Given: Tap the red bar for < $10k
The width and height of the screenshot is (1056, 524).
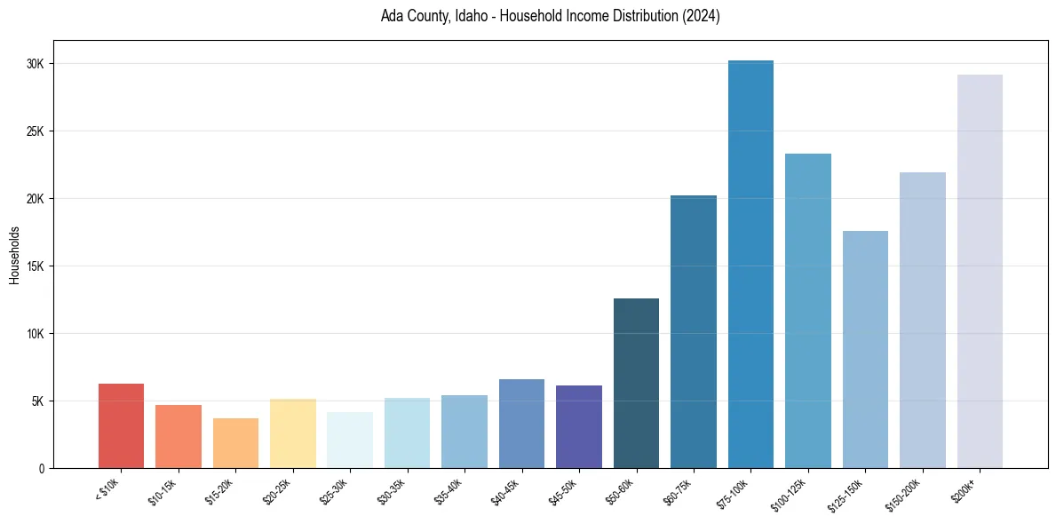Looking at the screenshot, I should click(x=121, y=426).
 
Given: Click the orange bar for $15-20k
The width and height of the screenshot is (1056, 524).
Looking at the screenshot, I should click(x=235, y=443).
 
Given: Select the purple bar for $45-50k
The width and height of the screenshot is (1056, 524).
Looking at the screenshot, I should click(x=579, y=427).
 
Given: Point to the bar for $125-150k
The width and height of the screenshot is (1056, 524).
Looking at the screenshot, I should click(x=865, y=350).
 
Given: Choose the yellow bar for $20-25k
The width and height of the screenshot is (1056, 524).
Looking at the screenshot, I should click(x=292, y=433).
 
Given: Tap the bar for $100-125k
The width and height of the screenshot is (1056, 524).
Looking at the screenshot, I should click(x=808, y=311).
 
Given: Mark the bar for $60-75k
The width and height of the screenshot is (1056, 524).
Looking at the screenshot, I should click(x=694, y=332).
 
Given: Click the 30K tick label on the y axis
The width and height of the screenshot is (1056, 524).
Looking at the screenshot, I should click(x=36, y=64).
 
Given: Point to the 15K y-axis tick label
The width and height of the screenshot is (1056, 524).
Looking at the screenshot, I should click(x=36, y=266).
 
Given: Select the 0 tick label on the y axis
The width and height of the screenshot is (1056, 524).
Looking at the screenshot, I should click(x=41, y=469).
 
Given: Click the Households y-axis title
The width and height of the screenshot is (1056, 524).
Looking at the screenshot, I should click(x=14, y=255).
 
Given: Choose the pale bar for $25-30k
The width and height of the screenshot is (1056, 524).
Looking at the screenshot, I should click(x=350, y=441).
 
